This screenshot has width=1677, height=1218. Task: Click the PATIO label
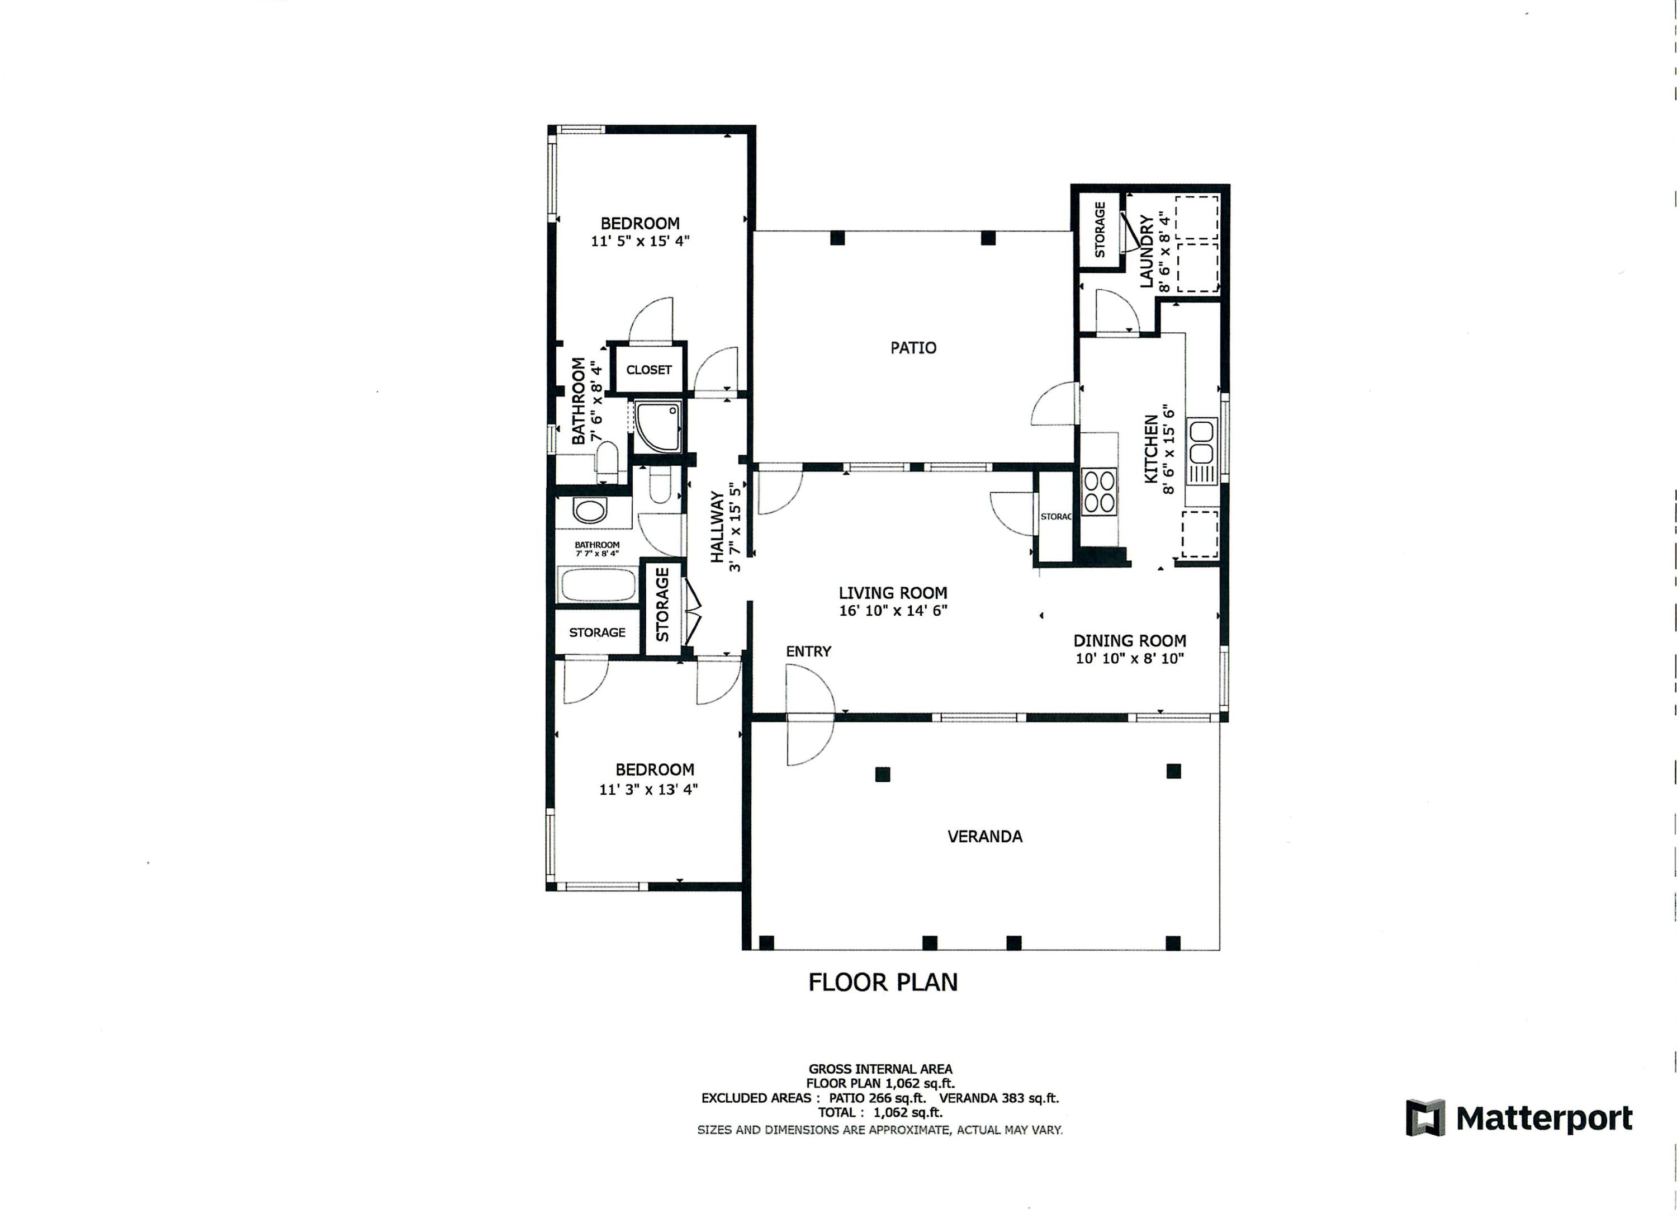tap(913, 348)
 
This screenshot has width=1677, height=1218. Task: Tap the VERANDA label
tap(985, 837)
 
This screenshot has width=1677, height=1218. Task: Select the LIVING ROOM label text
tap(893, 593)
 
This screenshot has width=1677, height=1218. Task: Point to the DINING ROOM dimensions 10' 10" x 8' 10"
tap(1130, 659)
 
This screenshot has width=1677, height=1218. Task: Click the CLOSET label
tap(649, 370)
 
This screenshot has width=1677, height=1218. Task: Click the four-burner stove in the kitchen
tap(1099, 492)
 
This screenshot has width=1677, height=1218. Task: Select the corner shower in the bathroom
tap(657, 427)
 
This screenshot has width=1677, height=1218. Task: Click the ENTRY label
tap(808, 652)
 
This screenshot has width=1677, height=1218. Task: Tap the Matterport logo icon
tap(1425, 1118)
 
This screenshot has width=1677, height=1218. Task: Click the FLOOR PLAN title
tap(883, 982)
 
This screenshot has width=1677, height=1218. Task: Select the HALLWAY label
tap(717, 527)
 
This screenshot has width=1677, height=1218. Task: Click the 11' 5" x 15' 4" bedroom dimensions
tap(641, 241)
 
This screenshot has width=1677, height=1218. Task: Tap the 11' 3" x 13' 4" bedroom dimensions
tap(648, 790)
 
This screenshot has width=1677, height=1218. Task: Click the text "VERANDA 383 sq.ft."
tap(999, 1098)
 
